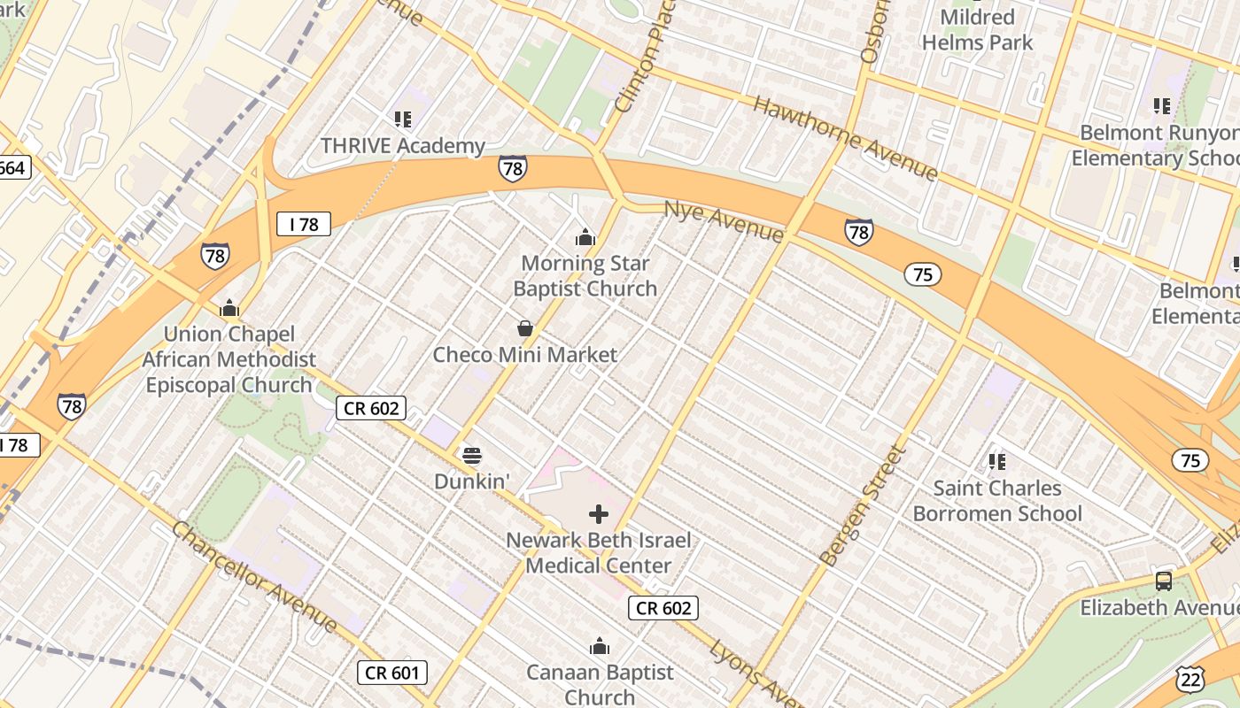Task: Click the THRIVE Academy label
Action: [403, 146]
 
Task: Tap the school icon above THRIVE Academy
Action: [403, 119]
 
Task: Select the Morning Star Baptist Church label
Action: [585, 276]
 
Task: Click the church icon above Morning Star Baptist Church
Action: [585, 237]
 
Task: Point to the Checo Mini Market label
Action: [524, 355]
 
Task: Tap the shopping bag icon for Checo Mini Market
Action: [525, 329]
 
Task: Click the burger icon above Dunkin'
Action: [472, 457]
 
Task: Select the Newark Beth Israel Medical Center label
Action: [599, 552]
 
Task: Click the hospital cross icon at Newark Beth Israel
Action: [599, 513]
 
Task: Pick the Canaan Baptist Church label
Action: [600, 684]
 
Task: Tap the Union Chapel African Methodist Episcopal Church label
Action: [229, 359]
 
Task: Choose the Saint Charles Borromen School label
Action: [997, 501]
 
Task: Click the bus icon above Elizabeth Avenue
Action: [1164, 581]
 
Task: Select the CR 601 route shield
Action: [392, 673]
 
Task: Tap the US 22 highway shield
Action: [1190, 679]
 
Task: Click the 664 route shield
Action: [12, 167]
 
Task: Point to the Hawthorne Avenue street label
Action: [844, 138]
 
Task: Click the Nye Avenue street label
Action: [724, 220]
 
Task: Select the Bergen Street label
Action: [863, 506]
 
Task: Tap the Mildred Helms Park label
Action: [977, 29]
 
